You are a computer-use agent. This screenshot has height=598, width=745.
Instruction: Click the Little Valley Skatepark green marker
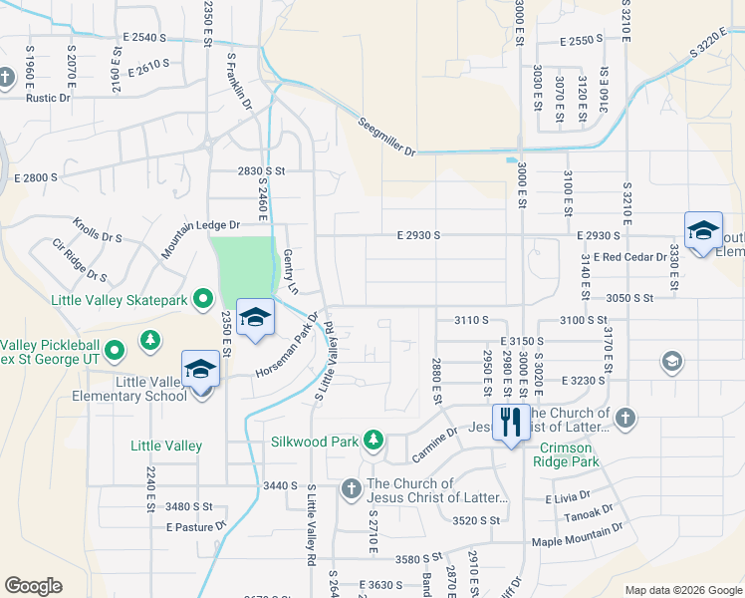point(203,298)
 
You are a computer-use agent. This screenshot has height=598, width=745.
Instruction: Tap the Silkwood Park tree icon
point(373,439)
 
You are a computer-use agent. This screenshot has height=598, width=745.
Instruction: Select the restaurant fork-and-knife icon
point(509,422)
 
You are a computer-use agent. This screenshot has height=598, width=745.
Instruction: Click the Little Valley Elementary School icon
point(200,369)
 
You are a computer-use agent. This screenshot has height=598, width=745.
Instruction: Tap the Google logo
point(33,586)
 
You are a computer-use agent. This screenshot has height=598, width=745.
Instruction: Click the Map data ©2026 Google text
point(681,590)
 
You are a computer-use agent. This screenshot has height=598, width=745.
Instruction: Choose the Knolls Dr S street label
point(97,230)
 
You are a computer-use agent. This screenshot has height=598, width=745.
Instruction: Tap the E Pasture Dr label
point(198,525)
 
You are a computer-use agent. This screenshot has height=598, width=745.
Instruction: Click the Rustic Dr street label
point(48,98)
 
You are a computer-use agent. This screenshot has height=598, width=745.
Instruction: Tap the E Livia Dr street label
point(568,494)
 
